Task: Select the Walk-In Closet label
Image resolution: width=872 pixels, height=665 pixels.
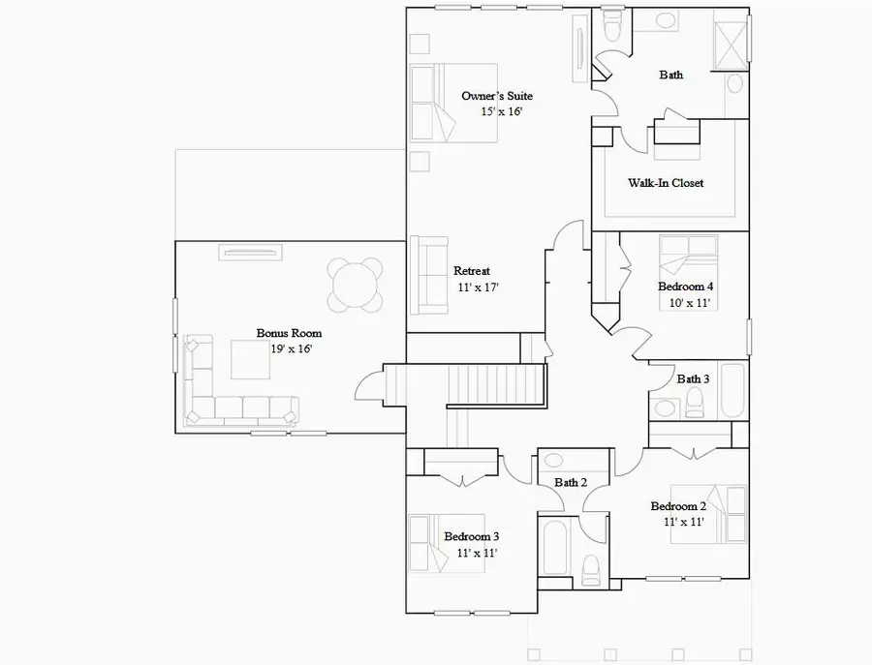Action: pos(666,183)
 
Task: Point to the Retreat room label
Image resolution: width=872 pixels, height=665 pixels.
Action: pos(472,271)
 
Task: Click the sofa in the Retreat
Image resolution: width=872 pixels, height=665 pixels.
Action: pos(427,275)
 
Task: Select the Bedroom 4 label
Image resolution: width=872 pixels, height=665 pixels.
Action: pos(685,287)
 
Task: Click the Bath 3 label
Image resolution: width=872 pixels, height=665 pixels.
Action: pos(693,378)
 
